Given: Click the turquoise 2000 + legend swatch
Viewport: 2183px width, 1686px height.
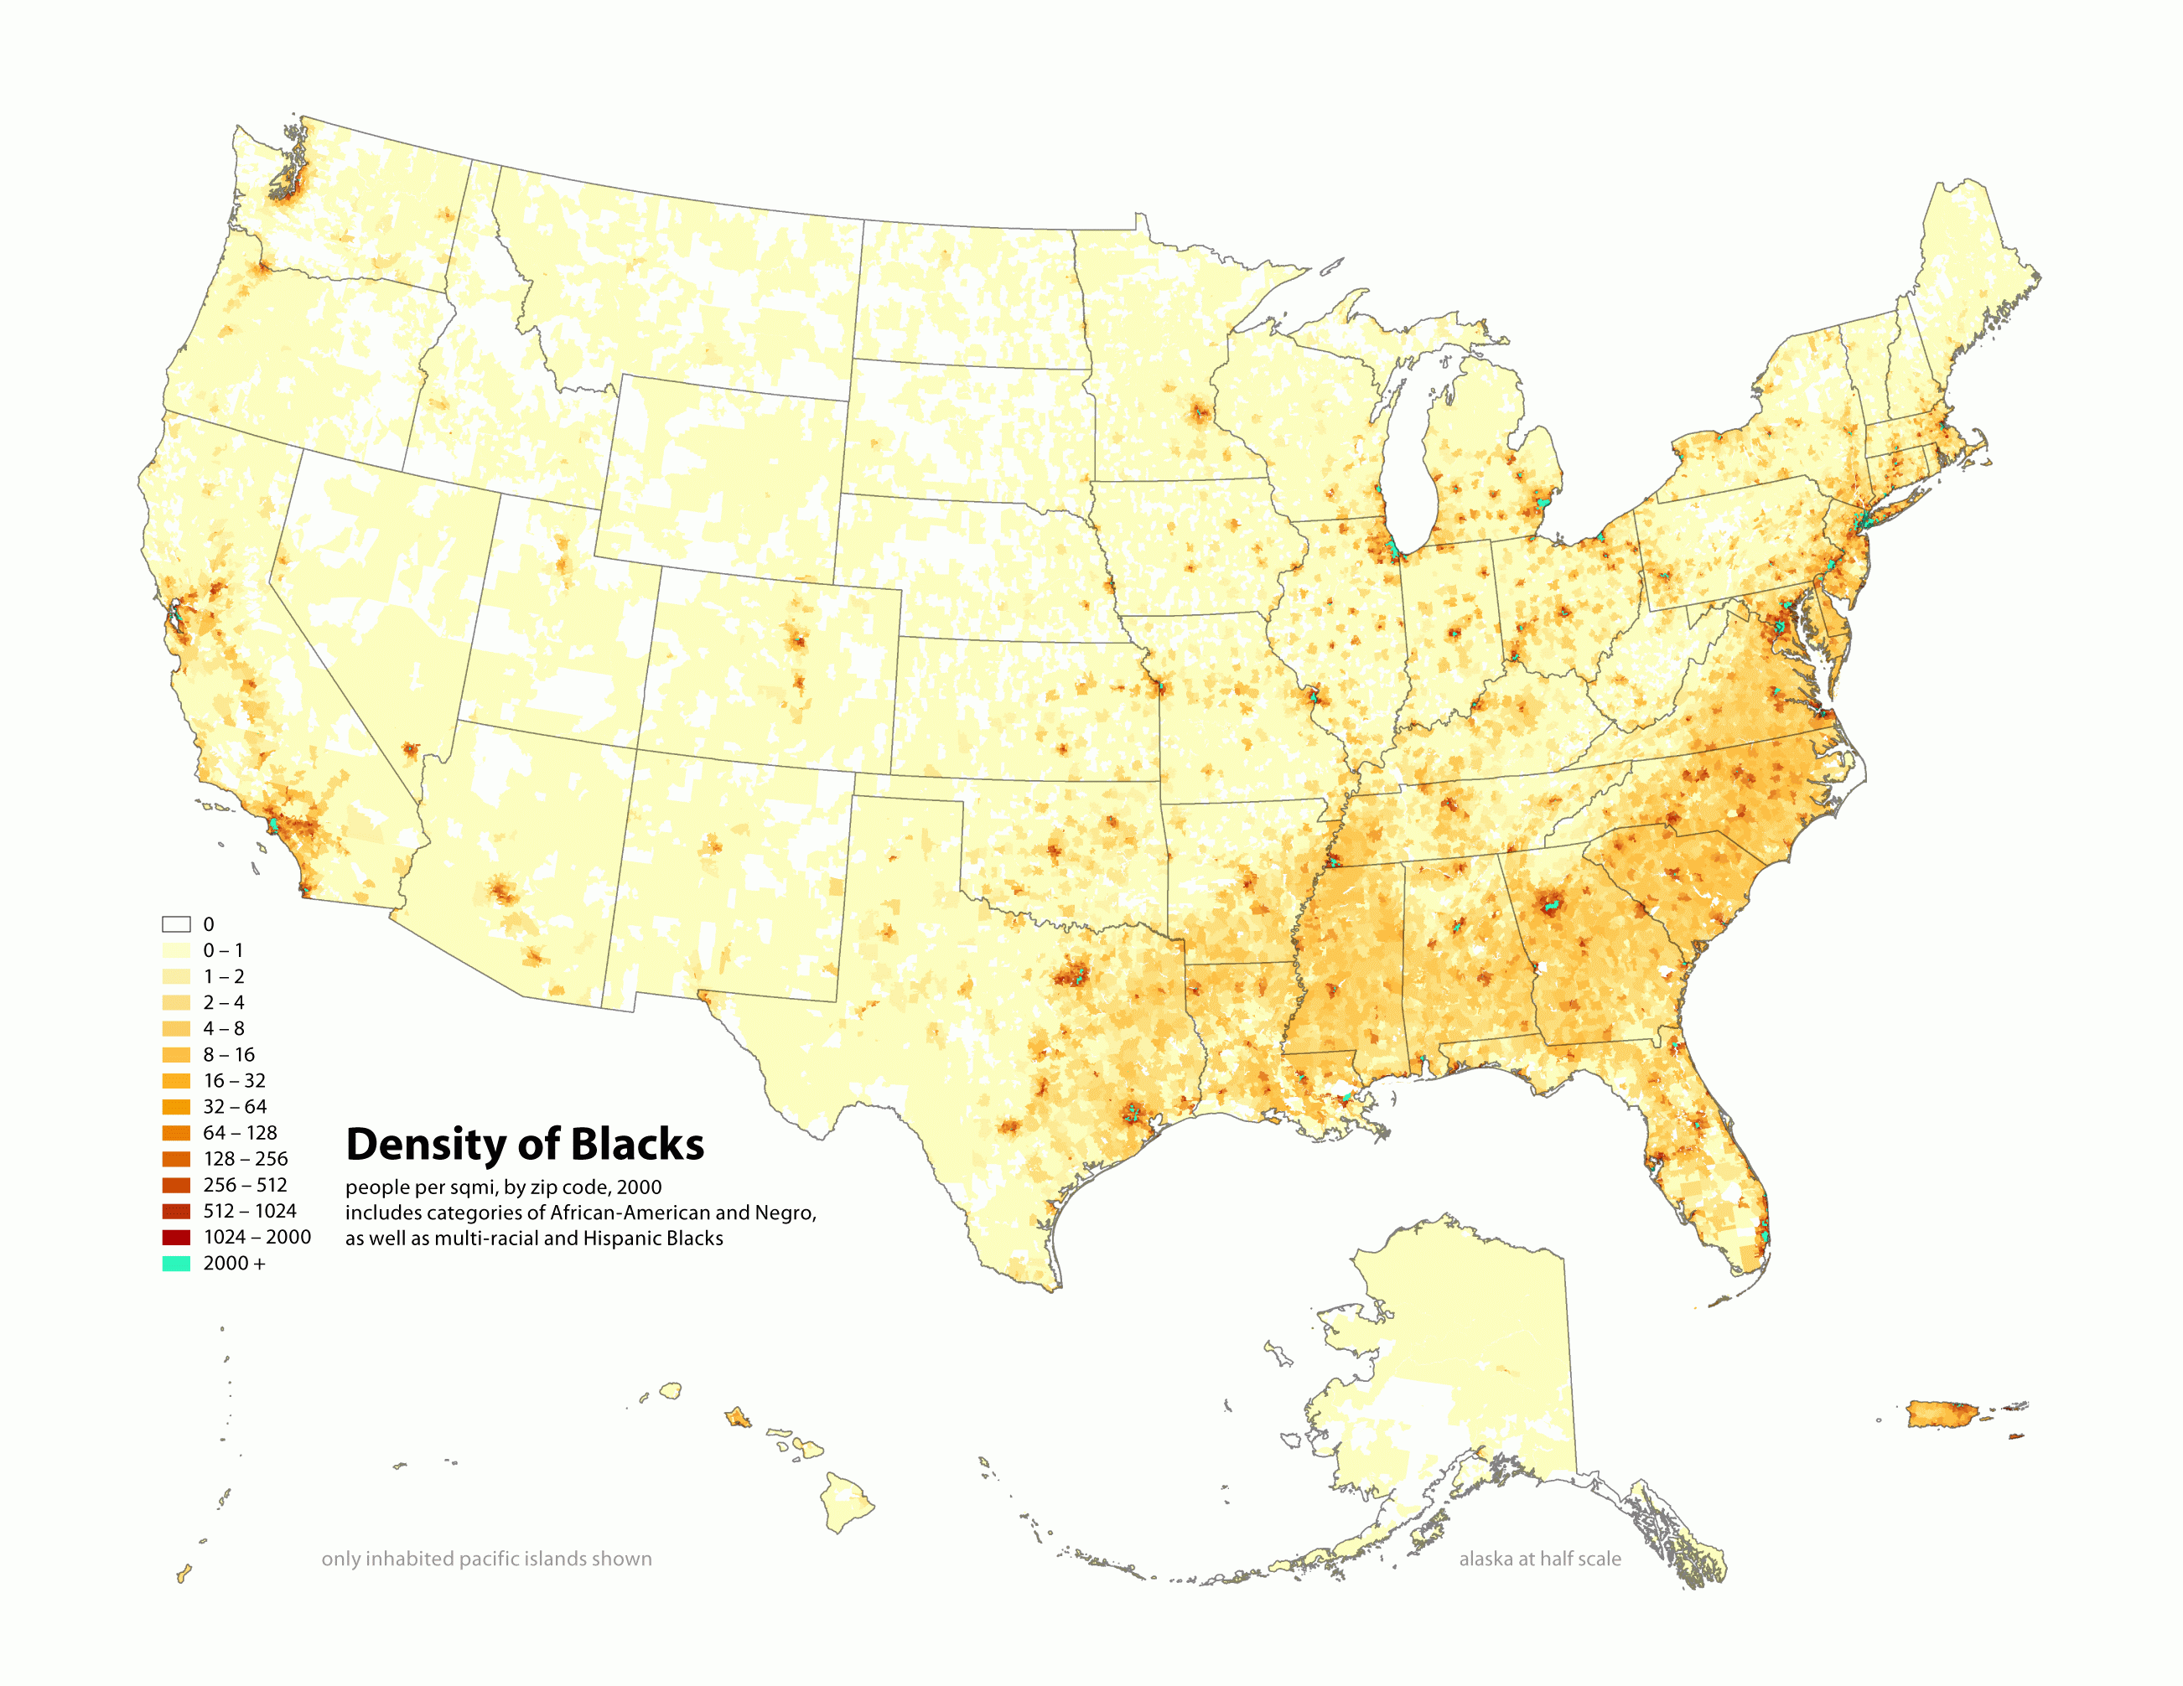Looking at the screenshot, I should [176, 1264].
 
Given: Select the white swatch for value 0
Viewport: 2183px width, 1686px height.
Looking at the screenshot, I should [176, 924].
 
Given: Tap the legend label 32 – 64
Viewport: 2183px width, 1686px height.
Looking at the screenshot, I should [235, 1106].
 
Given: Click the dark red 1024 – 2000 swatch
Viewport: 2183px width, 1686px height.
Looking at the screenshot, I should [176, 1238].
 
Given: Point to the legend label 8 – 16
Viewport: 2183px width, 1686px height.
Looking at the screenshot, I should [229, 1054].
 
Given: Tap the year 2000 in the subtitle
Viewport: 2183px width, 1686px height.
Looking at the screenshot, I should [639, 1187].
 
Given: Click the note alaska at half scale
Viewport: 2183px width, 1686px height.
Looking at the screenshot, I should [1539, 1559].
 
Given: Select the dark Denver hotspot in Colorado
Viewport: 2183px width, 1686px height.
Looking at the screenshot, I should [797, 639].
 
